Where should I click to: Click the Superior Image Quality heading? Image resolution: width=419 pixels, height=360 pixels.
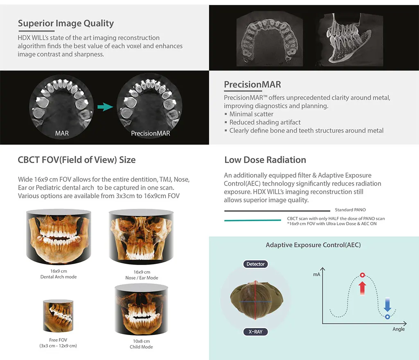click(x=66, y=23)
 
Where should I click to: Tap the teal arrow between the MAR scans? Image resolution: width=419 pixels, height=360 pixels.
click(x=105, y=107)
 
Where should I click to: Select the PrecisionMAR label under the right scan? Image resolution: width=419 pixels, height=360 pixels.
click(x=151, y=133)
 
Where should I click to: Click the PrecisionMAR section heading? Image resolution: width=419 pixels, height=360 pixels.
click(x=252, y=84)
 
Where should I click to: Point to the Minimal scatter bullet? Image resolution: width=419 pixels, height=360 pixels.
click(x=249, y=114)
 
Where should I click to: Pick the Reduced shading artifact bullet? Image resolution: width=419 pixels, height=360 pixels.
click(x=262, y=122)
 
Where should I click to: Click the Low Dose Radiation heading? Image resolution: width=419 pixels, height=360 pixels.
click(x=265, y=160)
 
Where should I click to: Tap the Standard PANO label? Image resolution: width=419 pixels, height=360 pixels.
click(x=350, y=210)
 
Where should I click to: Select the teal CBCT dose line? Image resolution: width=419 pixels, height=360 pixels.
click(x=252, y=220)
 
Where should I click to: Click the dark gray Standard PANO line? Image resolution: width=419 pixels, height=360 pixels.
click(x=277, y=211)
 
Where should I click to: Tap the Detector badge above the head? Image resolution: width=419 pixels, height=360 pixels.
click(x=255, y=264)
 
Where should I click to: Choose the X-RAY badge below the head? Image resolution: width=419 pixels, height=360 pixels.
click(x=255, y=332)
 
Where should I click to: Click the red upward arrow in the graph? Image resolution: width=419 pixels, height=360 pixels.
click(x=363, y=288)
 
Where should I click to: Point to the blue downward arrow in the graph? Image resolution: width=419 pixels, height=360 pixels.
click(x=387, y=304)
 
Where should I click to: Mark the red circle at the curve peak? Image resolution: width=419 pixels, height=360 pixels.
click(x=363, y=275)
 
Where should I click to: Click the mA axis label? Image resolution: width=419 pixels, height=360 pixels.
click(x=317, y=274)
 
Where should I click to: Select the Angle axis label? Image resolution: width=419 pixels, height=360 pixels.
click(x=399, y=329)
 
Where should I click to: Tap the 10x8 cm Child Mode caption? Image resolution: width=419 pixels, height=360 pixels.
click(x=141, y=344)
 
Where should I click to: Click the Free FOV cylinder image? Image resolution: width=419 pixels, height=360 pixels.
click(x=58, y=316)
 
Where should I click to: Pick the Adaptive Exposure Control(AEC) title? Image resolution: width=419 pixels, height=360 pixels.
click(x=313, y=245)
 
